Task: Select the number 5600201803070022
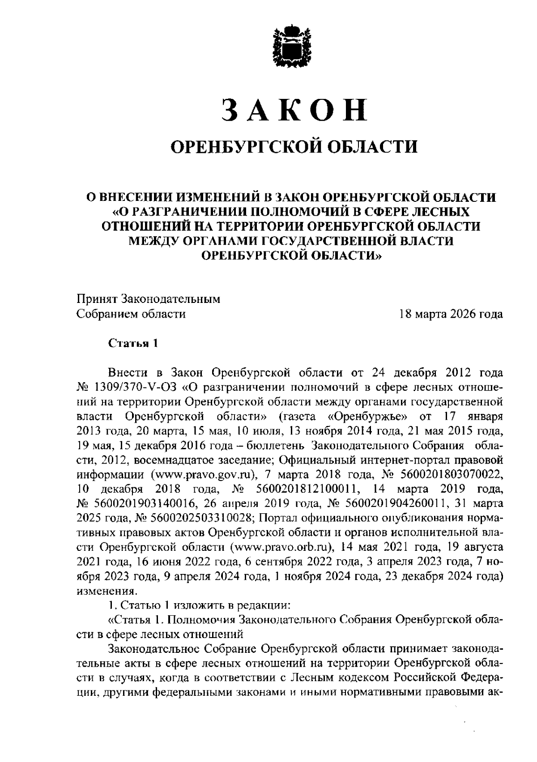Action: point(450,474)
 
